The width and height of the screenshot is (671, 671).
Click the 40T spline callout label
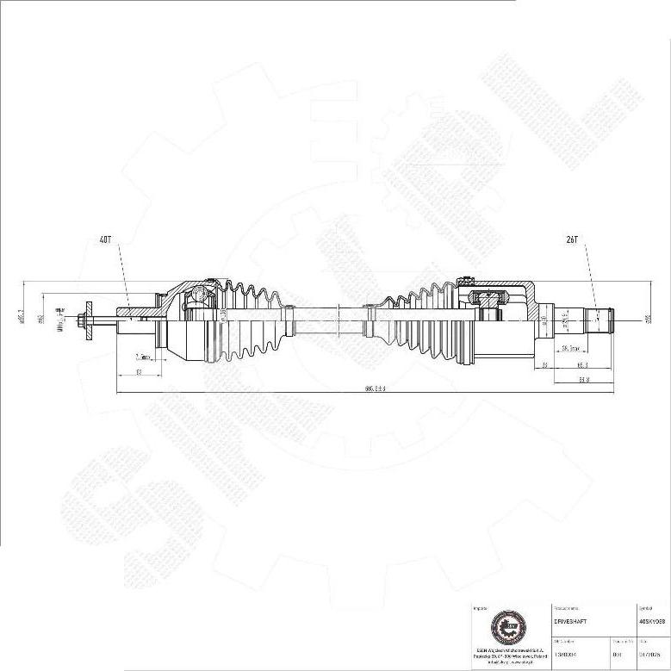point(106,240)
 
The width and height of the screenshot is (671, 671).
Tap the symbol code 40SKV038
point(651,619)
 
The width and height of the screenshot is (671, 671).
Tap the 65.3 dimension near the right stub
point(581,365)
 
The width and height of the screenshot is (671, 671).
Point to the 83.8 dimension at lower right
point(583,379)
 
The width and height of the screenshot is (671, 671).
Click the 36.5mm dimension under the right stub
point(569,349)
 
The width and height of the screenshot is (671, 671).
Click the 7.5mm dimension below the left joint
point(144,357)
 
